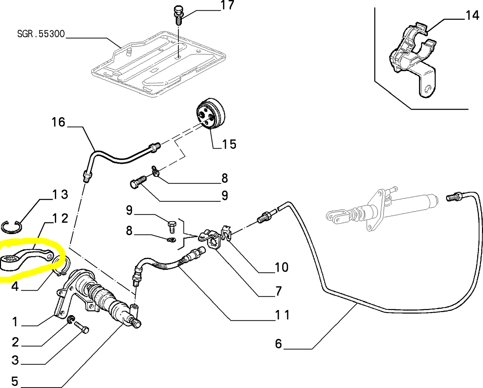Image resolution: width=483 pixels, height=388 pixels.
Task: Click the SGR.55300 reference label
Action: coord(41,34)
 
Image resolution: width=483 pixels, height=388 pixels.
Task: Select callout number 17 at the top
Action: coord(227,6)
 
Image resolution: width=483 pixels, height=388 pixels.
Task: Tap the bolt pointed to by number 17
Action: coord(178,15)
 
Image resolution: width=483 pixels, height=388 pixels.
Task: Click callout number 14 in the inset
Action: coord(472,15)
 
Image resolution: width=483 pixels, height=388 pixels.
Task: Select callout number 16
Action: coord(58,122)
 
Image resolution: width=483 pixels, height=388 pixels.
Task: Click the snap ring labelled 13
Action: coord(11,227)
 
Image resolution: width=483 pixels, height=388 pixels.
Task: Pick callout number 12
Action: coord(61,218)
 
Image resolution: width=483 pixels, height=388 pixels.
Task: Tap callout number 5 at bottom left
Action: coord(14,381)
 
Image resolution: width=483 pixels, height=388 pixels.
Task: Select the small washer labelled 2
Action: coord(71,320)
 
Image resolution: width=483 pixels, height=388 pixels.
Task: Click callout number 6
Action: coord(278,344)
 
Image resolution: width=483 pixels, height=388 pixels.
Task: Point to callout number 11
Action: coord(282,315)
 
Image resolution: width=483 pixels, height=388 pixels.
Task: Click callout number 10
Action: coord(281,267)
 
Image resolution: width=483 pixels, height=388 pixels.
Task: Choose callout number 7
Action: coord(278,291)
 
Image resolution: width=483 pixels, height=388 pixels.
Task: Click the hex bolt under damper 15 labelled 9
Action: coord(137,182)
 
